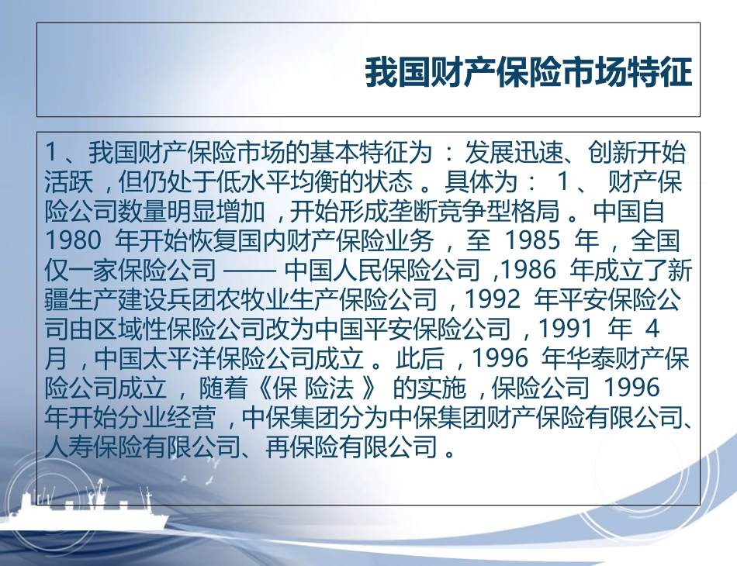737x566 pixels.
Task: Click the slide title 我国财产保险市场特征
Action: pos(528,74)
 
